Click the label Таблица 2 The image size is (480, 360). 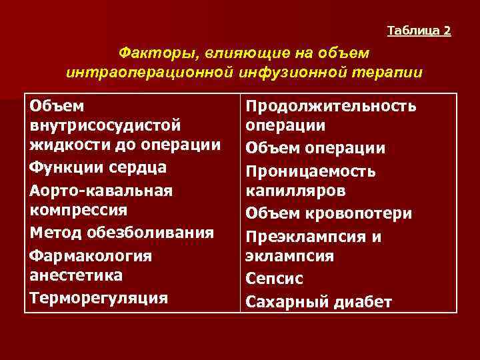(419, 31)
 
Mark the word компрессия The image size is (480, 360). (79, 210)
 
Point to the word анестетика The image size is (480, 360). (75, 275)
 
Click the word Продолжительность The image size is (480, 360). (331, 107)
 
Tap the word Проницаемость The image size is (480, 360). (311, 171)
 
